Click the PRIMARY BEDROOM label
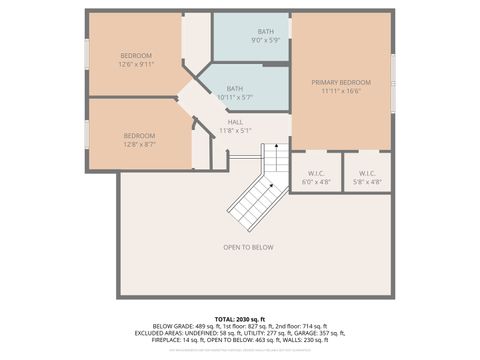(x=341, y=82)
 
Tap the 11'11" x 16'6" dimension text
(x=341, y=91)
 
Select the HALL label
(x=235, y=122)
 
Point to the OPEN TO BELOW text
(x=248, y=247)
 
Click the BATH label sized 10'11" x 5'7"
(x=234, y=88)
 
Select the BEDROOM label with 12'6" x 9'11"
(x=136, y=55)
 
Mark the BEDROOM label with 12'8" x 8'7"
(x=139, y=136)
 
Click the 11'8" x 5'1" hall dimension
(x=235, y=130)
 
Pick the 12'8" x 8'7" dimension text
(x=139, y=144)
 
